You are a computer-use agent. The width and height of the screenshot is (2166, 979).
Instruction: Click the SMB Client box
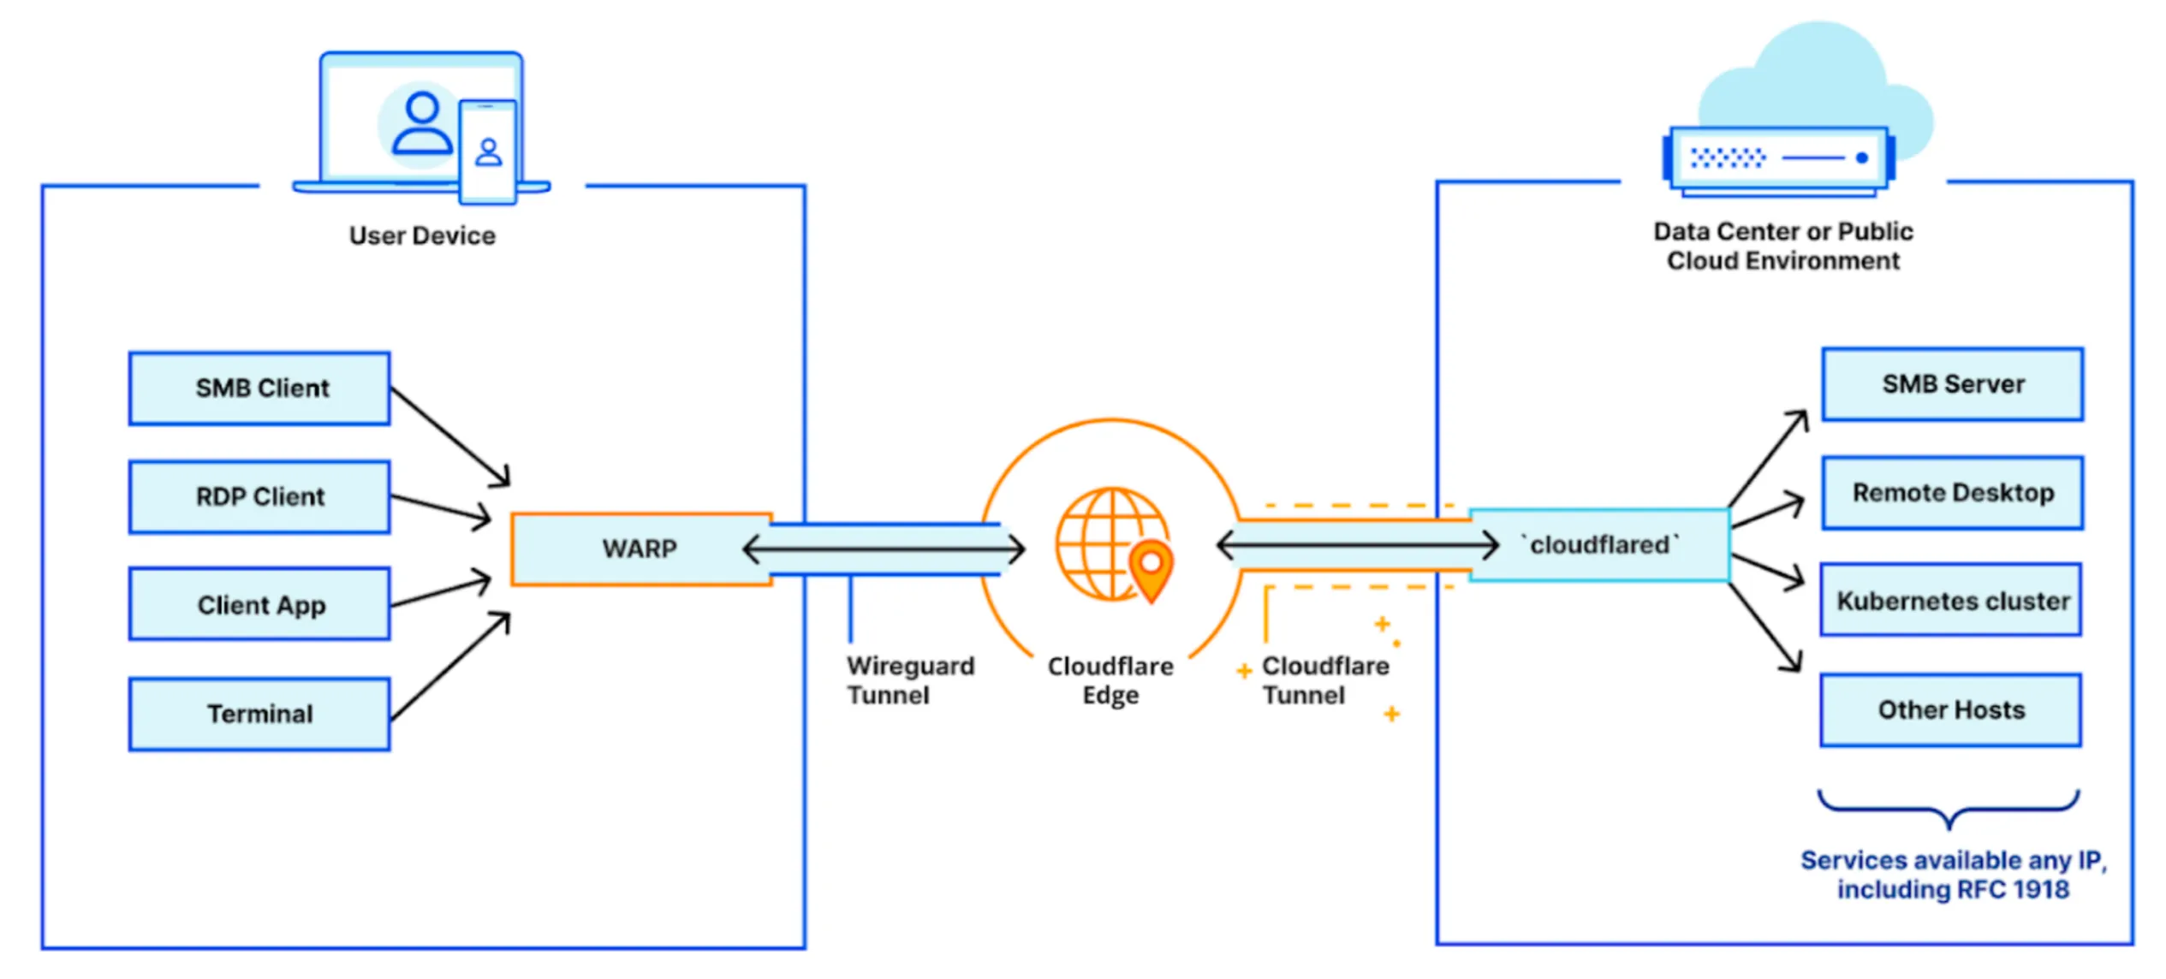[259, 389]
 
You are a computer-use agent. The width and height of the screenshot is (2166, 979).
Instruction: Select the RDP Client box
[259, 497]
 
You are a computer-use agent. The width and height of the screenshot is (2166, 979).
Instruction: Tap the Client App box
[259, 605]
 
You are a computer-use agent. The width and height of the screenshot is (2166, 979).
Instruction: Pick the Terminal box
[259, 714]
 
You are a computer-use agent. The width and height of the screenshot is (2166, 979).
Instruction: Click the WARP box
[639, 549]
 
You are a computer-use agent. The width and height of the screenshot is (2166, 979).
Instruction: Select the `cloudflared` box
[1599, 545]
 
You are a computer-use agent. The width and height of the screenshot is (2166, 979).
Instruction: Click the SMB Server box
[1952, 384]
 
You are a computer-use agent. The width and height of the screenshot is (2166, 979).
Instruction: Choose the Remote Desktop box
[1952, 493]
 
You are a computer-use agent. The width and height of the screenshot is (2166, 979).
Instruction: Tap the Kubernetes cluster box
[1951, 601]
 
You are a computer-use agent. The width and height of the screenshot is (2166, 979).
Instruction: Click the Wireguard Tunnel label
[909, 680]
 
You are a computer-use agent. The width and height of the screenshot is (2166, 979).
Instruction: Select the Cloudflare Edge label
[1110, 680]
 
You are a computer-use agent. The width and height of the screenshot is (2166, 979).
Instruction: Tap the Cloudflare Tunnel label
[1324, 680]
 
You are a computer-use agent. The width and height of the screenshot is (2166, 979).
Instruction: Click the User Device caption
[422, 236]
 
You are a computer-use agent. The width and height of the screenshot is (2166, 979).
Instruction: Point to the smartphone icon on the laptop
[488, 152]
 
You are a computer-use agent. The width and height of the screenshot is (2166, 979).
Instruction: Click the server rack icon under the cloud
[1779, 159]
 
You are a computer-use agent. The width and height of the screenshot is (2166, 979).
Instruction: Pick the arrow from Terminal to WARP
[450, 667]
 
